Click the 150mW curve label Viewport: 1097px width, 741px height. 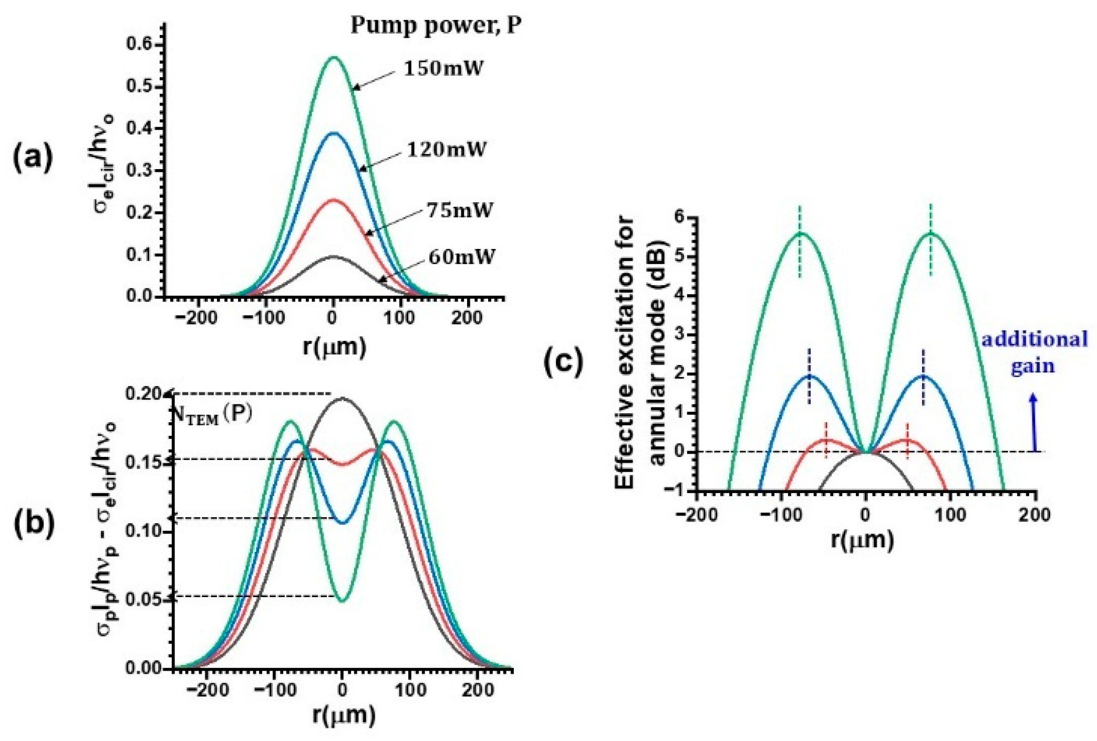click(443, 69)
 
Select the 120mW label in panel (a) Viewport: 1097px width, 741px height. click(447, 150)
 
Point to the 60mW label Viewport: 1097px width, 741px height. click(461, 257)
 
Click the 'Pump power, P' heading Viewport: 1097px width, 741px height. click(436, 25)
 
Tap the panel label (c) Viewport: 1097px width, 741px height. click(563, 363)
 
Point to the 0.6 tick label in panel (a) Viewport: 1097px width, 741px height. click(138, 44)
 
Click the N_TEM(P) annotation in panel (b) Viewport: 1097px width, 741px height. click(212, 414)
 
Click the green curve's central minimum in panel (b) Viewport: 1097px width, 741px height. click(343, 601)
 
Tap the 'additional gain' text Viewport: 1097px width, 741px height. click(1034, 352)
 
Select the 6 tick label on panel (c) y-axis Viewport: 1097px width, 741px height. click(683, 217)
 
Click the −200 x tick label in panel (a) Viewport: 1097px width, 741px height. click(198, 318)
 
